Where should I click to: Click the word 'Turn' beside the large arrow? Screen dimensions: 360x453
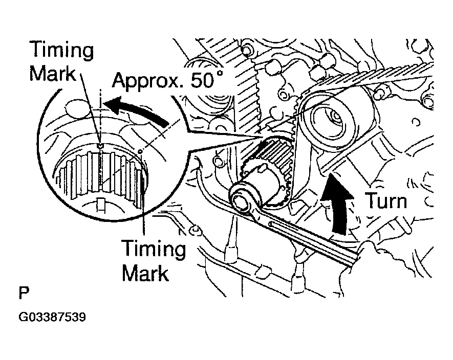[x=385, y=200]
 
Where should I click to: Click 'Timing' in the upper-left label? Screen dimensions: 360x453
[x=61, y=51]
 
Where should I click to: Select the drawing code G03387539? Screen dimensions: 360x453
[x=52, y=317]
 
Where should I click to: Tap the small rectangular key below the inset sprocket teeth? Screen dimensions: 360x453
[x=101, y=205]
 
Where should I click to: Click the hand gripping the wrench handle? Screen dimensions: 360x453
[x=379, y=256]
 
